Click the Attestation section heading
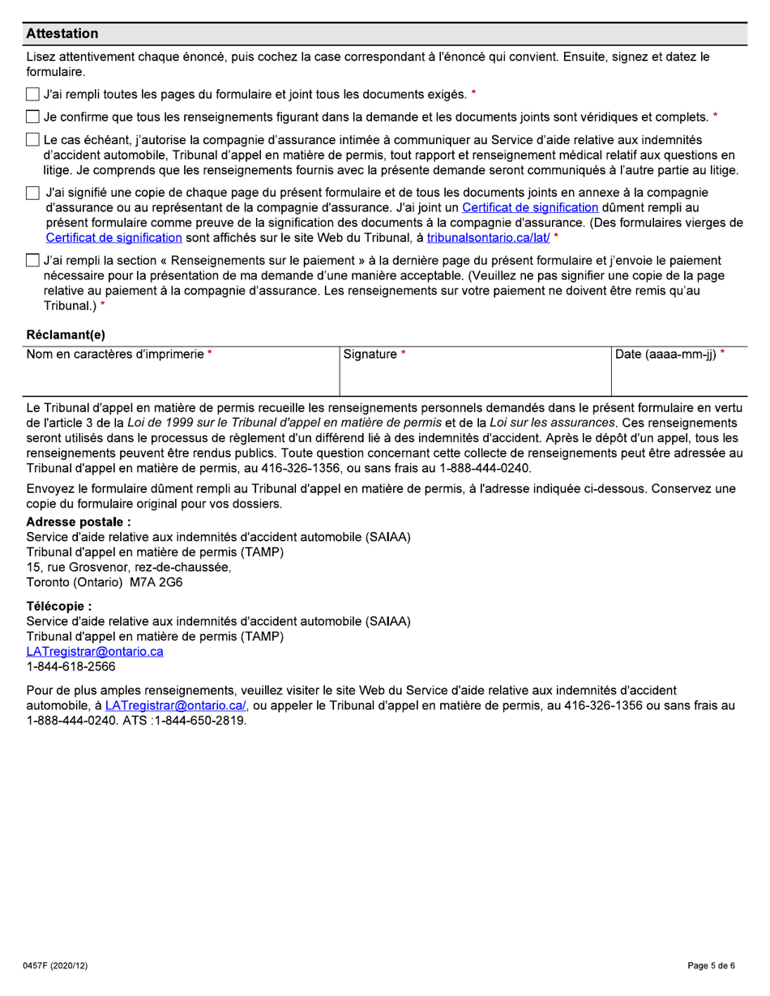tap(62, 34)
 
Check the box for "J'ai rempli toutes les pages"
tap(32, 96)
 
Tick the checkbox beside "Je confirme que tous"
tap(32, 117)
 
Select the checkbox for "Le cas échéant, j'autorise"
tap(32, 140)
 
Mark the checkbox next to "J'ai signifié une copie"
tap(32, 194)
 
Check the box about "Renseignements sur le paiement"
tap(32, 261)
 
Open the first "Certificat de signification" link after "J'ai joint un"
tap(529, 208)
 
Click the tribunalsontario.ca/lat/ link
tap(488, 237)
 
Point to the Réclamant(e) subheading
tap(66, 334)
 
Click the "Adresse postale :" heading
tap(79, 522)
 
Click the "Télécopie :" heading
tap(59, 607)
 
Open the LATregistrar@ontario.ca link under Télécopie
tap(95, 652)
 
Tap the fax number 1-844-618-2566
tap(71, 666)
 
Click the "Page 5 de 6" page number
tap(711, 966)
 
